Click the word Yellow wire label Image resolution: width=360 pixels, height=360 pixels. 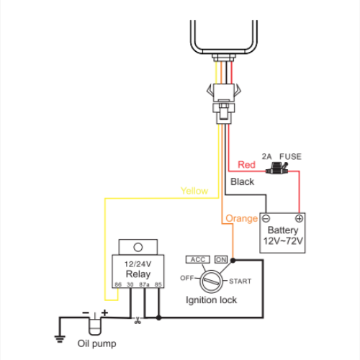(194, 191)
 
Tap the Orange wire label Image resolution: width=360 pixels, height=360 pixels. (241, 219)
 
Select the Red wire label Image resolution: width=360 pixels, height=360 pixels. (246, 165)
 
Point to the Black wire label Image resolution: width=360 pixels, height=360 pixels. (242, 181)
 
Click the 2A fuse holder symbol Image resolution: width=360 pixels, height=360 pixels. (277, 168)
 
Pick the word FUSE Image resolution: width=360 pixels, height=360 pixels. (290, 156)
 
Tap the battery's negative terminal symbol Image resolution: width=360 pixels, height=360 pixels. (266, 219)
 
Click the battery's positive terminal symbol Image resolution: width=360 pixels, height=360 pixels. (299, 218)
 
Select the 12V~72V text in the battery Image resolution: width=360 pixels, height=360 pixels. (283, 241)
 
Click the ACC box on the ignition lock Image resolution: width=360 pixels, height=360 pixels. (198, 259)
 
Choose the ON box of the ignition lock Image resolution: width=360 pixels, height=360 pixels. (221, 259)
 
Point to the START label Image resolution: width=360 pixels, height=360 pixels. (240, 281)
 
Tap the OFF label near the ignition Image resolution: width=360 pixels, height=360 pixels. (187, 278)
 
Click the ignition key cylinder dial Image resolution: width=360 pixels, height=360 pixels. (211, 282)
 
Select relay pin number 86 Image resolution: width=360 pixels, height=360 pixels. (118, 284)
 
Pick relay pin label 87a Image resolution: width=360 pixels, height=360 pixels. (144, 284)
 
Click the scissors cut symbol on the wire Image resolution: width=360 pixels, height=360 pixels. (138, 320)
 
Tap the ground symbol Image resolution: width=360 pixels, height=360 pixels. (60, 338)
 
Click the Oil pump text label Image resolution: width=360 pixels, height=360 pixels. (96, 343)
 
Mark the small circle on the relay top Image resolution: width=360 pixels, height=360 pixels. (138, 247)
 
